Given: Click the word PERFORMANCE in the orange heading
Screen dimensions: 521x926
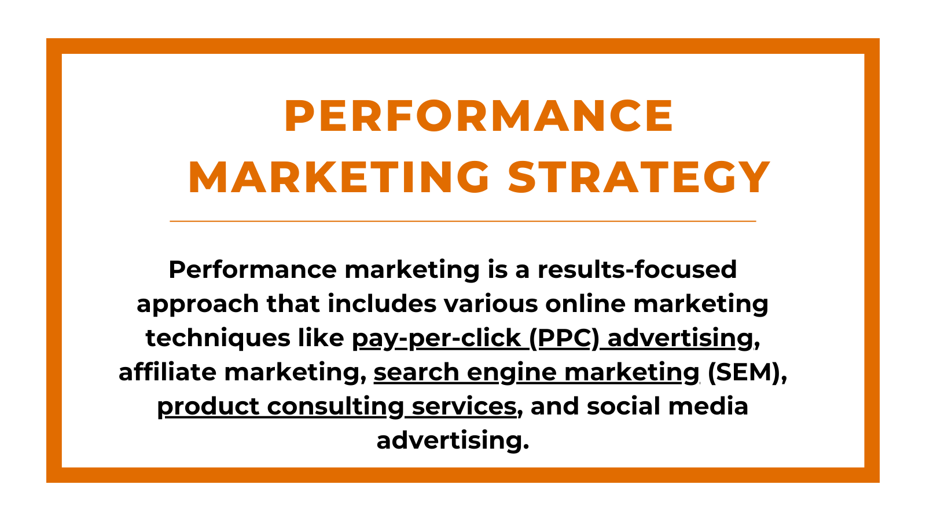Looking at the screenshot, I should tap(479, 116).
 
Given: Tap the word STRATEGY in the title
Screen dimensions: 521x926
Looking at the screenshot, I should tap(639, 177).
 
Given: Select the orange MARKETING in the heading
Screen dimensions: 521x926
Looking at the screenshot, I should tap(339, 177).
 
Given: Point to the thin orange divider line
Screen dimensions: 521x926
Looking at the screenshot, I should tap(463, 221).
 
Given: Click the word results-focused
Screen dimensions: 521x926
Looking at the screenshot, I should tap(637, 270).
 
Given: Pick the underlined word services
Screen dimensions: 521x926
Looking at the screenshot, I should tap(464, 406).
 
